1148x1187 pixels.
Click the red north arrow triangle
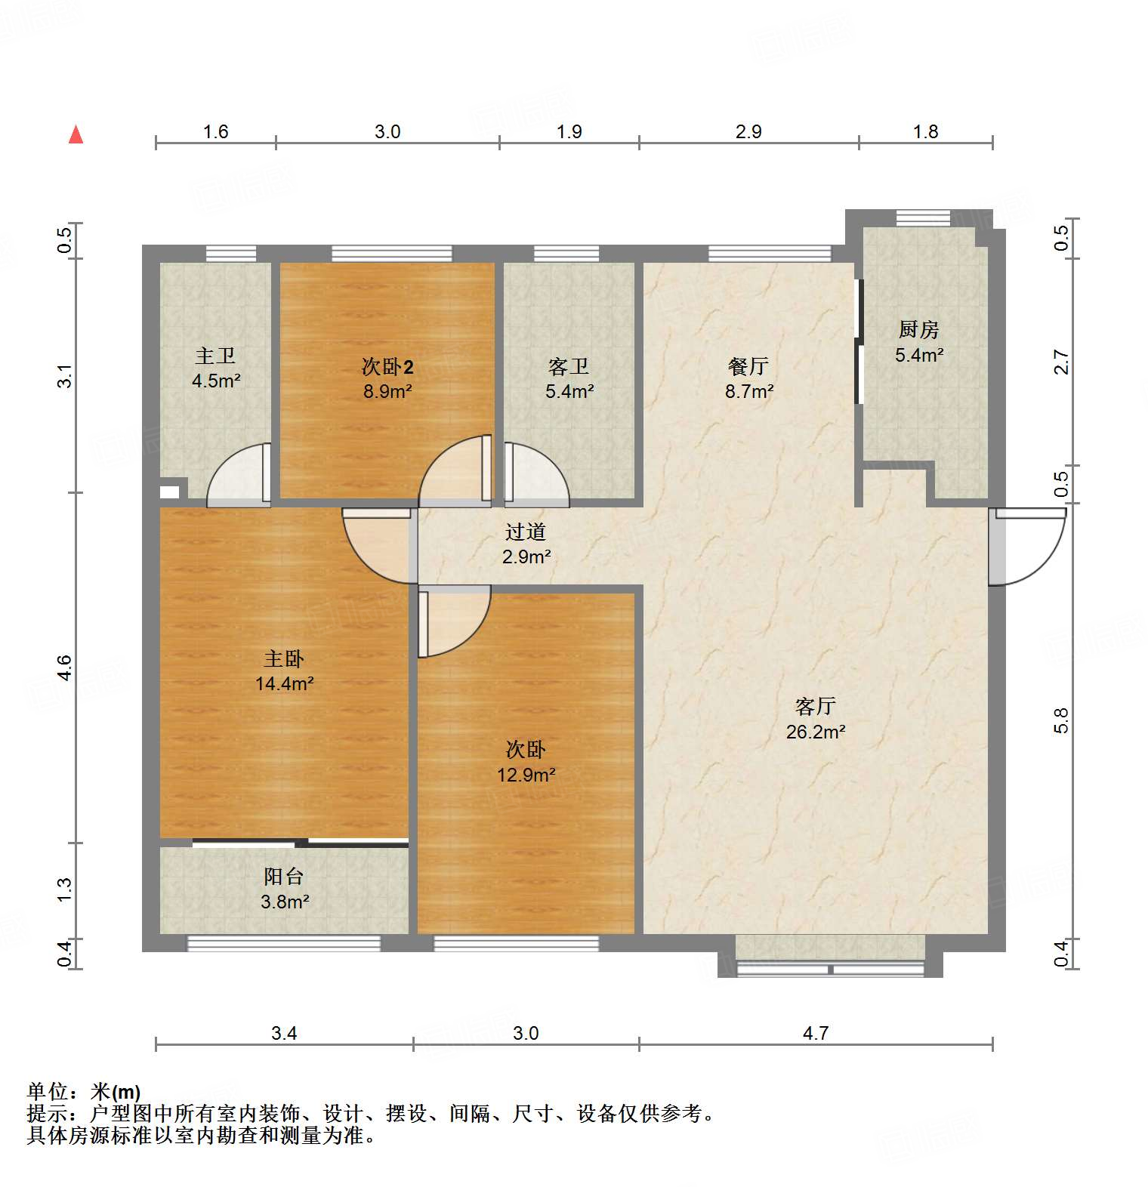[76, 134]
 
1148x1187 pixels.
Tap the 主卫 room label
[216, 355]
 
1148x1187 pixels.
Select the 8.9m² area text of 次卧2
[387, 392]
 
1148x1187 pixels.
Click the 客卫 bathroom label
[569, 366]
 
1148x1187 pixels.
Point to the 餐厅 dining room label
[748, 366]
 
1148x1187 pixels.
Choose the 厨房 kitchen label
[919, 329]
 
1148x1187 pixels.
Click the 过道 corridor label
[526, 532]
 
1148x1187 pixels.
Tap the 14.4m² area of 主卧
[284, 684]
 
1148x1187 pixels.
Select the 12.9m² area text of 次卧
[526, 775]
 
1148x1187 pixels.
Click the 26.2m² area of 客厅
[816, 732]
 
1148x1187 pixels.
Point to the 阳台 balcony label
[284, 876]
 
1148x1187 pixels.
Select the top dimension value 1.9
[569, 131]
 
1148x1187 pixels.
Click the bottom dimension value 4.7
[816, 1033]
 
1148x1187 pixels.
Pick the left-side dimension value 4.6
[65, 667]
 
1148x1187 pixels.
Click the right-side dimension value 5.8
[1061, 720]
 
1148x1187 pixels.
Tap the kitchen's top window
[923, 217]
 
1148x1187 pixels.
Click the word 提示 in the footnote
[48, 1113]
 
